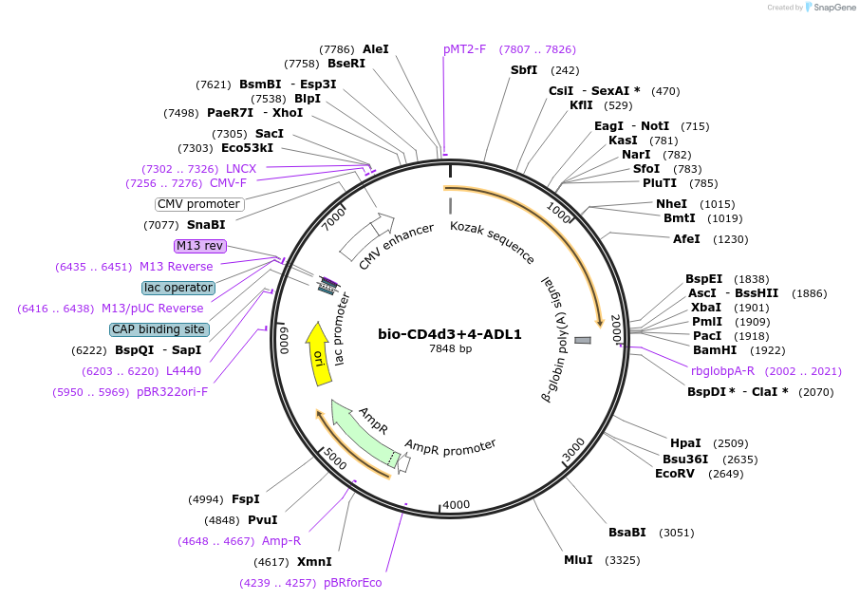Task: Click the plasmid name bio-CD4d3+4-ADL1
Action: (x=450, y=334)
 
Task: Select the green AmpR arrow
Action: (x=361, y=434)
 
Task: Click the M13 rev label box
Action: (x=200, y=246)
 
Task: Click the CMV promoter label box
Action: (x=199, y=204)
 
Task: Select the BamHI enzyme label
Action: (x=714, y=350)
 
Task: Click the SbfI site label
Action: (x=524, y=70)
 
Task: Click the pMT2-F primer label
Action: (x=464, y=49)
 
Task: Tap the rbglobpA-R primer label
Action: (x=722, y=371)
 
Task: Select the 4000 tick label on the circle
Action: (x=457, y=504)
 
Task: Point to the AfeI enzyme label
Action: (x=686, y=239)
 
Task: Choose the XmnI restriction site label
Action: (x=314, y=562)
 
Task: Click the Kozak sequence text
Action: (x=492, y=242)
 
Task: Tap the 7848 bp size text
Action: (x=450, y=349)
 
